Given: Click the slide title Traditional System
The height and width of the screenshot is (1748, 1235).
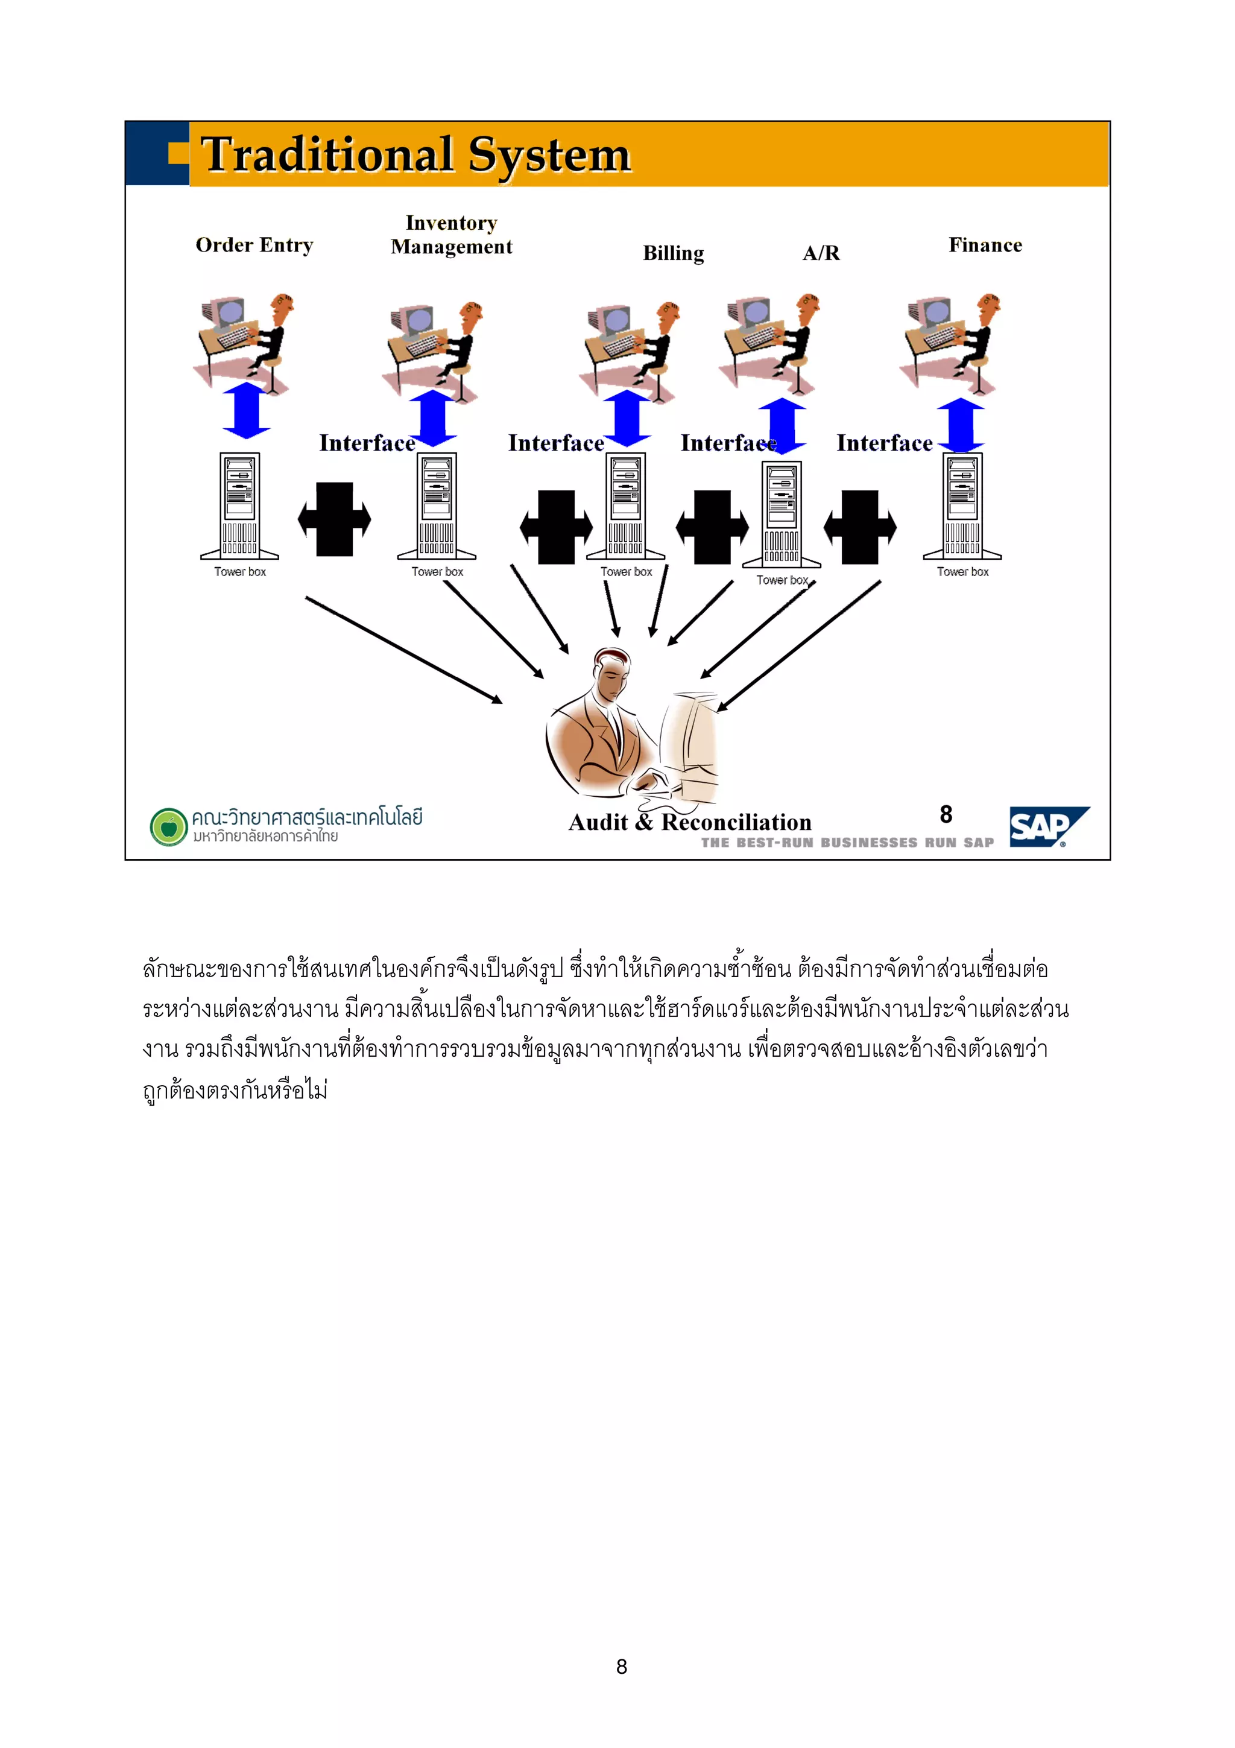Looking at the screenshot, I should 415,154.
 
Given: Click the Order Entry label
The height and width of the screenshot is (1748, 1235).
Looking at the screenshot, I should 254,245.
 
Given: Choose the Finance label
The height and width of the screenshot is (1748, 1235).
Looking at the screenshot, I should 985,245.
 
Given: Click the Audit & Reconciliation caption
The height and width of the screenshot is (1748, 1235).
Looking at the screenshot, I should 689,822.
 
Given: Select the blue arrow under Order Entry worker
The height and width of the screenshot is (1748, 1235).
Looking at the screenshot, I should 247,411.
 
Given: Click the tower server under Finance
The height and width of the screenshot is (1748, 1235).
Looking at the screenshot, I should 962,506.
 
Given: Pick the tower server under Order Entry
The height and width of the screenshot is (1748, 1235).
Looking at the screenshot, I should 239,506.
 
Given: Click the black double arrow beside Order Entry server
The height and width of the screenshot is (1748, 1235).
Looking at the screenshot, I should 334,519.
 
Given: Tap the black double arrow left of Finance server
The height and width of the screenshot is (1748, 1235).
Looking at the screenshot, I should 860,527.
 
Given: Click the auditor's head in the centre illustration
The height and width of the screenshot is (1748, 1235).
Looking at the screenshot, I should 613,674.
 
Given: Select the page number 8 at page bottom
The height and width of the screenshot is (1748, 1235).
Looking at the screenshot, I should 621,1667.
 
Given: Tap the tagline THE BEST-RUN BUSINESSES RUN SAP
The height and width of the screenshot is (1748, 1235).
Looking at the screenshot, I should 847,842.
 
